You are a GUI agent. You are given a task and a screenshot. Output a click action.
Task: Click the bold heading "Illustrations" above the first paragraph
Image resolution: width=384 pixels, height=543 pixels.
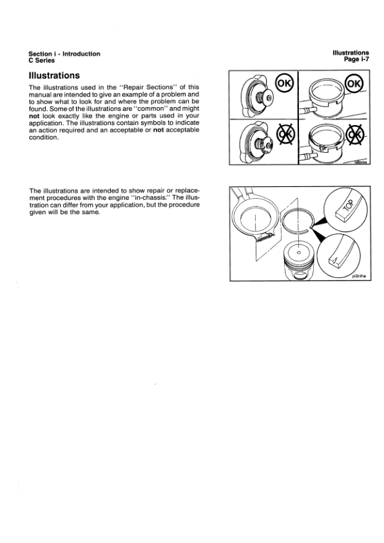54,75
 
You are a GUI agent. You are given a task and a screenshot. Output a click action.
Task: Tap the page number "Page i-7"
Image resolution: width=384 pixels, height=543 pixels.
356,59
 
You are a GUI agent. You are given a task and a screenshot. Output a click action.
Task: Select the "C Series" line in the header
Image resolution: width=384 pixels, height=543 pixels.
41,60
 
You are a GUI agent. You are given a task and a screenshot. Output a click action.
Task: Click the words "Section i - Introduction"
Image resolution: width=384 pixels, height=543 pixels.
64,54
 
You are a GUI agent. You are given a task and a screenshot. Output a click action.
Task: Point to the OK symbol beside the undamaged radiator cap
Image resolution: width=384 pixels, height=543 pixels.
284,84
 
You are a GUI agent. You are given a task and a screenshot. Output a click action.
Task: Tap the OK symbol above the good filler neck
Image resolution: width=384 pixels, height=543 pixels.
354,84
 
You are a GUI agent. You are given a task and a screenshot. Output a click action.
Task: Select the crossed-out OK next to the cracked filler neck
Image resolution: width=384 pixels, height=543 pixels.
355,134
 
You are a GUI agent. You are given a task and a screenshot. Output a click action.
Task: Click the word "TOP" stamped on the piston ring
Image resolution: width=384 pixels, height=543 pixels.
349,206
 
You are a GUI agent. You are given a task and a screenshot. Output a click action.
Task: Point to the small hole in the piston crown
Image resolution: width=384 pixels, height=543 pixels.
299,252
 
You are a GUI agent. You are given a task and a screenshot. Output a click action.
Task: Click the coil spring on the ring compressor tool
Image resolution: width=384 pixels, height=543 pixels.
265,237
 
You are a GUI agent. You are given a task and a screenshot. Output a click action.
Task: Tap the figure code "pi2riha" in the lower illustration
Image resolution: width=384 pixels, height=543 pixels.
359,277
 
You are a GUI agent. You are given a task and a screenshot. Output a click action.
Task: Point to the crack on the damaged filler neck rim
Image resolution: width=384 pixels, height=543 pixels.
322,148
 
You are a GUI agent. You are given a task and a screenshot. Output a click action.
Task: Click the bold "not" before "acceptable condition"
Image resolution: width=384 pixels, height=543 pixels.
158,130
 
